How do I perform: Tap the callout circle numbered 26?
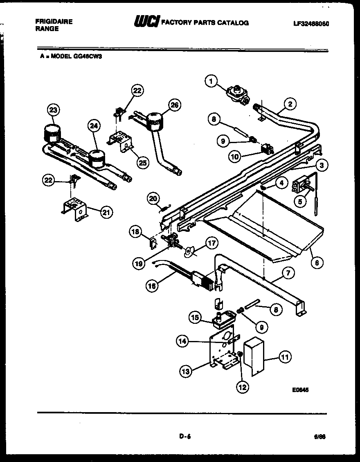point(175,105)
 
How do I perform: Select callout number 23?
point(53,110)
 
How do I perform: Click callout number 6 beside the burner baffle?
point(317,262)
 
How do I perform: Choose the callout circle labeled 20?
point(153,199)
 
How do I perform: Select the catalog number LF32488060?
point(311,23)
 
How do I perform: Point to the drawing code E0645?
point(300,390)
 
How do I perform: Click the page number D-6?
point(185,436)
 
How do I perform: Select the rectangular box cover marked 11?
point(253,358)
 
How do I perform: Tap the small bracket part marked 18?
point(153,244)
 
